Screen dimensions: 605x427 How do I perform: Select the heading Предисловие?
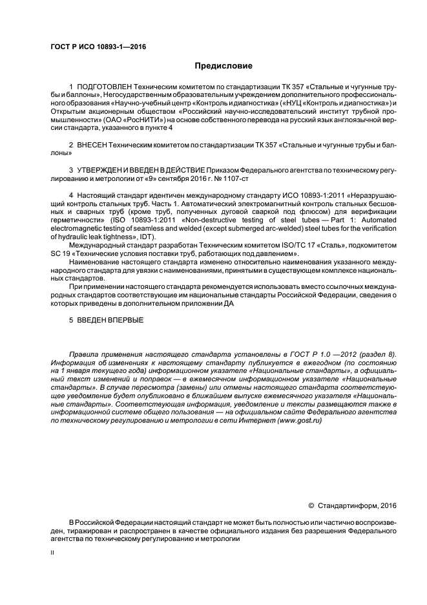[x=224, y=66]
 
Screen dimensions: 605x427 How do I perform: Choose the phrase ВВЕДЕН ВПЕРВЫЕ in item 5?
[x=110, y=320]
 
